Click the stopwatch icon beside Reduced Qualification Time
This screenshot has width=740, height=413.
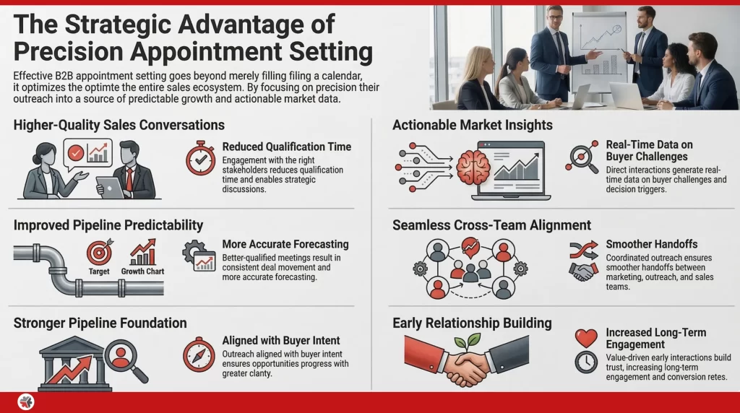click(201, 157)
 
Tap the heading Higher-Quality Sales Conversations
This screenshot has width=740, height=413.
click(119, 125)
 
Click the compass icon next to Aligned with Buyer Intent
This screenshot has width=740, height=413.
click(198, 355)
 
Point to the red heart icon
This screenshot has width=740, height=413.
click(585, 337)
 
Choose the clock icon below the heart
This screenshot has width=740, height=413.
click(585, 362)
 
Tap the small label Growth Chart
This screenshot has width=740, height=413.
click(142, 272)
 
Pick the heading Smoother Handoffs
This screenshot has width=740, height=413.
click(651, 244)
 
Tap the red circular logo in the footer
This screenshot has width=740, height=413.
click(27, 402)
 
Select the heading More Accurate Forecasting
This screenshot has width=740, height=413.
click(285, 244)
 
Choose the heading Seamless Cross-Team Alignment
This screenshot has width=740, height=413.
click(491, 225)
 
